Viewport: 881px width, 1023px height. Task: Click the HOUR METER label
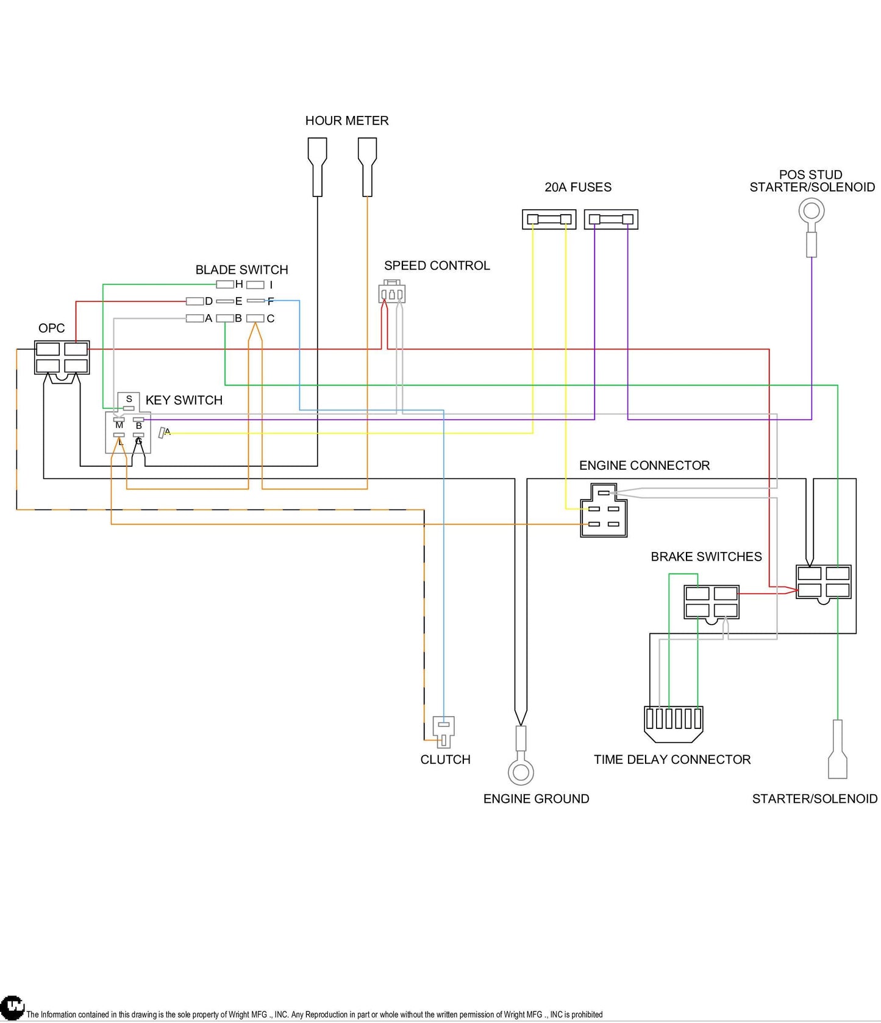pyautogui.click(x=347, y=121)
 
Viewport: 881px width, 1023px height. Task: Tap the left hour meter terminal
pyautogui.click(x=317, y=167)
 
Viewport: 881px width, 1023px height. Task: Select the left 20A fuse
pyautogui.click(x=549, y=220)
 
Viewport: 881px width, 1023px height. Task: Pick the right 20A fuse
pyautogui.click(x=611, y=220)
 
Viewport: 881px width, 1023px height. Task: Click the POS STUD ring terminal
pyautogui.click(x=811, y=212)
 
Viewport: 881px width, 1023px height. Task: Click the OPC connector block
pyautogui.click(x=62, y=357)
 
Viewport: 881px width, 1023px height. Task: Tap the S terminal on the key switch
pyautogui.click(x=129, y=407)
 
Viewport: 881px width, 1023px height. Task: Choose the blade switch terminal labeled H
pyautogui.click(x=225, y=284)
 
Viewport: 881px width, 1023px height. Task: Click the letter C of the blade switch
pyautogui.click(x=270, y=318)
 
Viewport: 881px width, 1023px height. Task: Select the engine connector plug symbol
pyautogui.click(x=604, y=510)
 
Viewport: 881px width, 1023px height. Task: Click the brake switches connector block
pyautogui.click(x=712, y=602)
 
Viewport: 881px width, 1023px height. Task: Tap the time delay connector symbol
pyautogui.click(x=673, y=724)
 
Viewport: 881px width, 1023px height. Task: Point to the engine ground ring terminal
pyautogui.click(x=521, y=772)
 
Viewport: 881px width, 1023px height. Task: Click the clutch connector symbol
pyautogui.click(x=443, y=731)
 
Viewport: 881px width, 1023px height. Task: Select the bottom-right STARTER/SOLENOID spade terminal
pyautogui.click(x=838, y=749)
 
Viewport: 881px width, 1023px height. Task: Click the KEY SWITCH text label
pyautogui.click(x=184, y=400)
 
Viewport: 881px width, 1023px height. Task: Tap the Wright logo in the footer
pyautogui.click(x=12, y=1007)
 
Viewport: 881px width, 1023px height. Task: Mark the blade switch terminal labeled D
pyautogui.click(x=194, y=301)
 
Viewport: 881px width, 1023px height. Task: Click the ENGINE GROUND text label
pyautogui.click(x=536, y=799)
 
